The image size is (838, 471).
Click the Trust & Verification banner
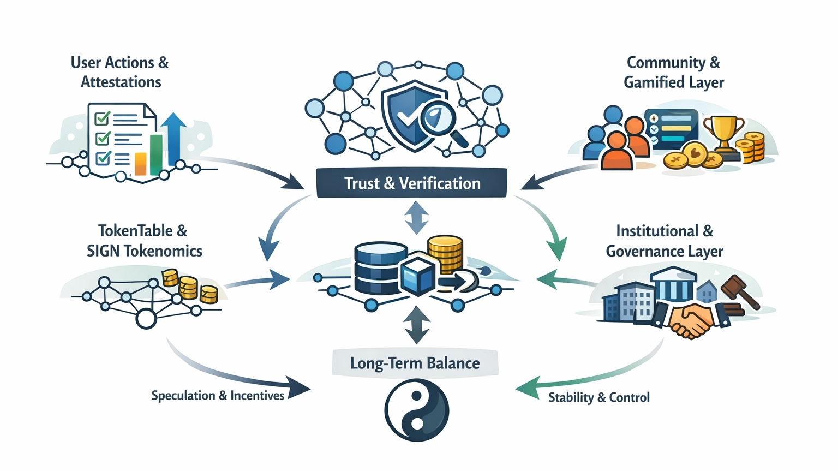tap(412, 183)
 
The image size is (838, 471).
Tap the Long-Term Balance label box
tap(415, 363)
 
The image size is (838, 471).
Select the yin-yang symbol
tap(417, 410)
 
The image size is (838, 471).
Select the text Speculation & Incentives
tap(218, 396)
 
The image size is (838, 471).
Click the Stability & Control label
tap(598, 397)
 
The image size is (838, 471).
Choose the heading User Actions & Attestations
tap(120, 72)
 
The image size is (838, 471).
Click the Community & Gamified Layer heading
tap(674, 72)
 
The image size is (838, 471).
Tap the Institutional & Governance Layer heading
tap(665, 241)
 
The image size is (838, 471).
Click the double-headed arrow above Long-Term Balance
tap(417, 324)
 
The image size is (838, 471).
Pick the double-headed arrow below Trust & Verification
tap(417, 217)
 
